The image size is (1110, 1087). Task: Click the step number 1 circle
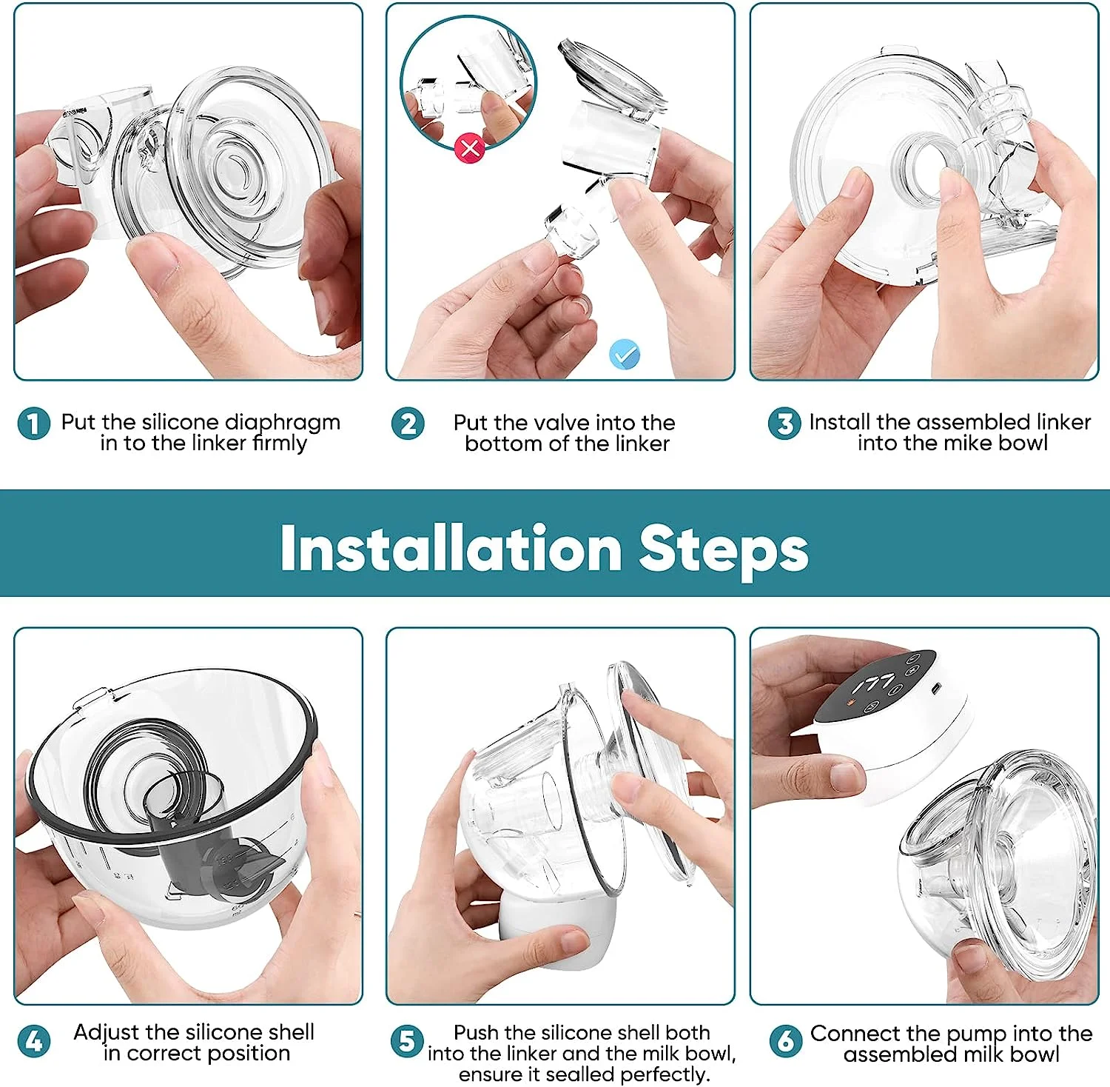[33, 424]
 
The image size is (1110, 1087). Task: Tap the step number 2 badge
[408, 424]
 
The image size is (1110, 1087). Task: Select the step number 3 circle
[784, 424]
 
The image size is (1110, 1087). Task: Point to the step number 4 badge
[33, 1041]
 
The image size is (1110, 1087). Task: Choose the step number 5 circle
[407, 1041]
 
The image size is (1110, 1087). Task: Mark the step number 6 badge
[786, 1041]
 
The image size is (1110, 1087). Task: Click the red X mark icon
[470, 147]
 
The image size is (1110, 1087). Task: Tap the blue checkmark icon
[625, 355]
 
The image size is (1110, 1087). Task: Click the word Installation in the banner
[451, 548]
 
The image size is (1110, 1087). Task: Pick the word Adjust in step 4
[106, 1032]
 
